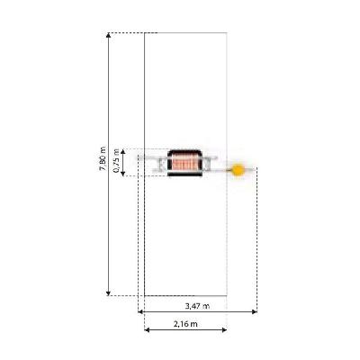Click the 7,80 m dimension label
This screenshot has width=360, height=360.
coord(103,158)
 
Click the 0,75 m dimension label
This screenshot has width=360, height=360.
coord(116,161)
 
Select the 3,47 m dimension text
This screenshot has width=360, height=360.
coord(197,306)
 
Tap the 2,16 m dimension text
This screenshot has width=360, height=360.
coord(185,324)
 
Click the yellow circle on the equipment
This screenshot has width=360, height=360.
coord(238,170)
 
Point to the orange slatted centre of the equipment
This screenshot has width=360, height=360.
coord(184,163)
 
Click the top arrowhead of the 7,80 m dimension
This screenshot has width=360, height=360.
coord(109,35)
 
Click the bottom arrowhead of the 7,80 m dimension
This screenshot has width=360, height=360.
coord(109,293)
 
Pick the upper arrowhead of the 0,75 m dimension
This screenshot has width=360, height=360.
coord(122,151)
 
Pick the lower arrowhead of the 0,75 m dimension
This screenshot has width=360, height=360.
coord(122,173)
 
